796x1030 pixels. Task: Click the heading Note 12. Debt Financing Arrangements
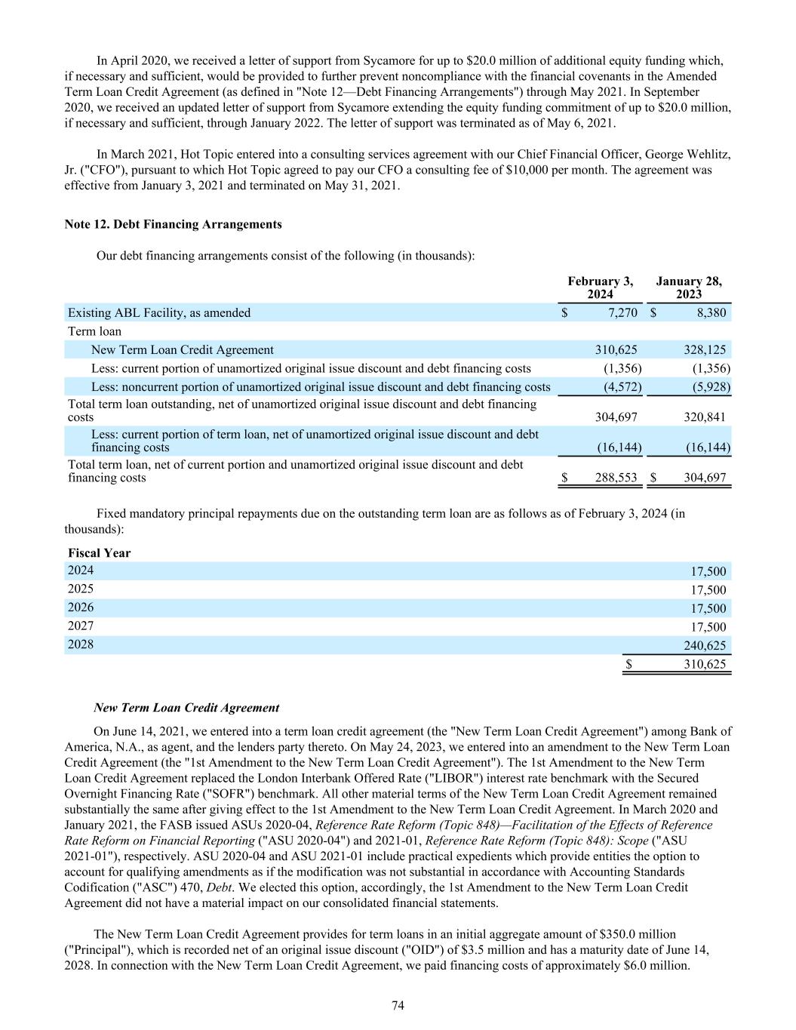click(x=174, y=224)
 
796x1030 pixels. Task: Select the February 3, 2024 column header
click(x=601, y=287)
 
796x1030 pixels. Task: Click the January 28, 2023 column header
click(x=689, y=287)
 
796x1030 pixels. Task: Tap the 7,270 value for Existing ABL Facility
click(x=622, y=312)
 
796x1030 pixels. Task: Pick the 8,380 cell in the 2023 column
click(x=711, y=312)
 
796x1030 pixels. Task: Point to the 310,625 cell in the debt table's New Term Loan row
click(x=616, y=349)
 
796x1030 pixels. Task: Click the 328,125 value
click(x=705, y=349)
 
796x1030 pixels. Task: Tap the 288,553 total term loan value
click(x=616, y=478)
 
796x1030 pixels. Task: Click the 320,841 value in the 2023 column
click(x=705, y=417)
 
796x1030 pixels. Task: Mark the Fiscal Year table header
click(x=99, y=553)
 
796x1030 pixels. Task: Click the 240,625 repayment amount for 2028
click(x=705, y=645)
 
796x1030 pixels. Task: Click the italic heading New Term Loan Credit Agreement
click(x=186, y=708)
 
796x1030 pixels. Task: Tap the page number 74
click(x=398, y=1005)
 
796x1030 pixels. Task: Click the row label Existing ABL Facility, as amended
click(x=159, y=312)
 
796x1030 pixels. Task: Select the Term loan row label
click(x=94, y=331)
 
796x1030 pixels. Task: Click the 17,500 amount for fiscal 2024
click(x=708, y=571)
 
